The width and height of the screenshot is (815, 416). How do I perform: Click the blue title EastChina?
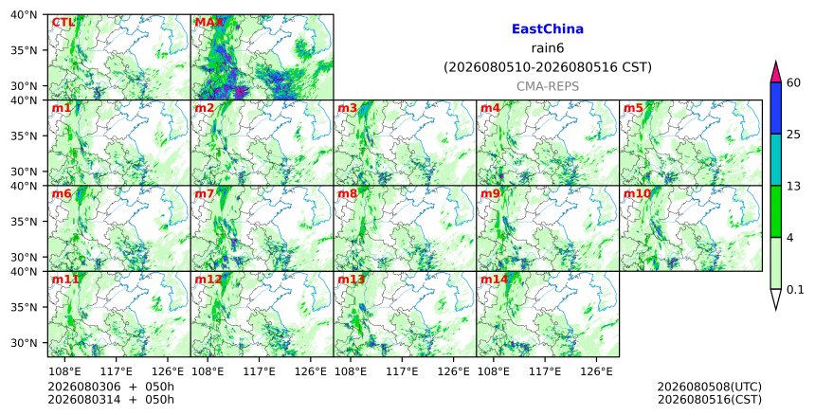(548, 29)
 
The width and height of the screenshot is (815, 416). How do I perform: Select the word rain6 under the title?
(548, 48)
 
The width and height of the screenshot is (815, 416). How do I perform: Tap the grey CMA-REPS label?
(548, 86)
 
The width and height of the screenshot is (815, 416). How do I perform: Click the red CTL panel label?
(63, 23)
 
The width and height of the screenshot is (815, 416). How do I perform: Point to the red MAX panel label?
(208, 23)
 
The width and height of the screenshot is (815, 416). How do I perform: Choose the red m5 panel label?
(633, 108)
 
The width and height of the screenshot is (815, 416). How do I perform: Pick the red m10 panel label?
(637, 194)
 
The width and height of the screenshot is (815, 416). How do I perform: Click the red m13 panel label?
(352, 280)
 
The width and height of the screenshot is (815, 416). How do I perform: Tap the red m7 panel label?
(205, 194)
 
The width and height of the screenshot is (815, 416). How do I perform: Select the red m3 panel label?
(347, 108)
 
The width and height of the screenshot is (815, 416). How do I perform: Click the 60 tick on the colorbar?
(793, 82)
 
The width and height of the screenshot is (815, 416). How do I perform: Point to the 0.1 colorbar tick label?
(795, 290)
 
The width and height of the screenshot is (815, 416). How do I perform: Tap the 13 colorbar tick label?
(793, 186)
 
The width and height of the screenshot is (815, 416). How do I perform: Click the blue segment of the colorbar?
(776, 108)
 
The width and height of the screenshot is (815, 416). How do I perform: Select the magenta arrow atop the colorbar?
(776, 72)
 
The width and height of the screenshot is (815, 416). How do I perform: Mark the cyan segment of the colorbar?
(776, 159)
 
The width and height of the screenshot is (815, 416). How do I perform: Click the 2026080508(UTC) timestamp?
(710, 387)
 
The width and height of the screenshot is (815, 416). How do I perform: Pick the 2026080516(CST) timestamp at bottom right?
(710, 400)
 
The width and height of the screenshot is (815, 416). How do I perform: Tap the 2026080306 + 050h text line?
(111, 387)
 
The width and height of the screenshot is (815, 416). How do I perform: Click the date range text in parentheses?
(548, 67)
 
